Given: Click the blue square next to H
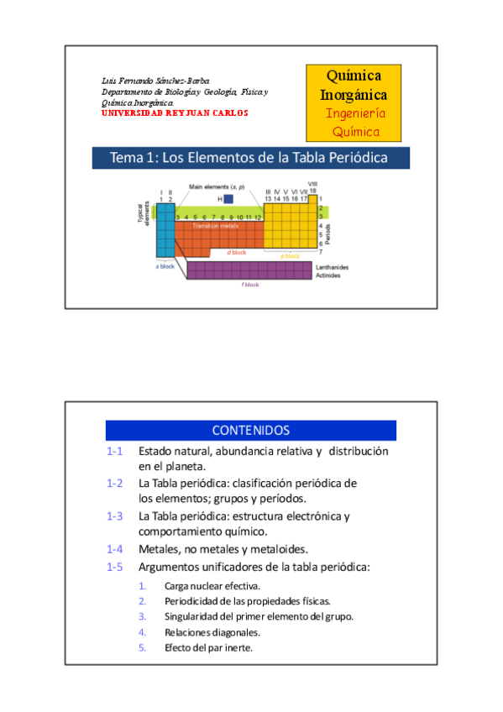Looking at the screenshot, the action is click(228, 199).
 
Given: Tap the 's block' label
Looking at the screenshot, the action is click(165, 266).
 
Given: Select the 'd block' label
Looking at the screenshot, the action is click(236, 252).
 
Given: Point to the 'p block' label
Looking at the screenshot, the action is click(291, 255).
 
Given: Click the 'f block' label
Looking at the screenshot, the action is click(249, 285).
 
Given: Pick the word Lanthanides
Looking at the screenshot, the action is click(332, 268).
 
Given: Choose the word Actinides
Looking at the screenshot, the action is click(328, 275).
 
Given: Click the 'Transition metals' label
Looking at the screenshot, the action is click(216, 226).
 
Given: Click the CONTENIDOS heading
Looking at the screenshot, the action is click(250, 431).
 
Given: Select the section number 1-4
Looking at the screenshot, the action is click(115, 549).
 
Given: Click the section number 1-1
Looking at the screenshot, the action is click(115, 451).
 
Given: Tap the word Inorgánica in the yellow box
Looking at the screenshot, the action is click(354, 94).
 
